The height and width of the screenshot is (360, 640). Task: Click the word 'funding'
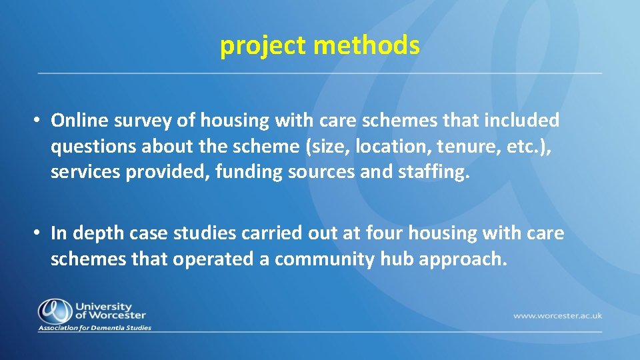tap(273, 171)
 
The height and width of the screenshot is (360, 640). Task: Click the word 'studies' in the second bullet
tap(208, 233)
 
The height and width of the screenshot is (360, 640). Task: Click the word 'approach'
tap(463, 259)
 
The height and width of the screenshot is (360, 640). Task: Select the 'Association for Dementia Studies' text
tap(95, 327)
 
